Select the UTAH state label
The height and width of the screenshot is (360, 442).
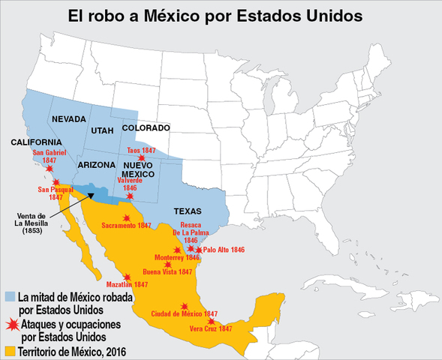coord(103,131)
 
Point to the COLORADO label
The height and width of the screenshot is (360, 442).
coord(146,127)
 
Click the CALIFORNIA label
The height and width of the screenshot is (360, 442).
coord(36,142)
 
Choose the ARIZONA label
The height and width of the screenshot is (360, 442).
coord(95,164)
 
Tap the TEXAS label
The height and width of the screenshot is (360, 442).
coord(188,211)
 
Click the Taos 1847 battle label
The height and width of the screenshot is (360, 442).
coord(140,150)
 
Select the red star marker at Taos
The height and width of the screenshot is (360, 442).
coord(141,157)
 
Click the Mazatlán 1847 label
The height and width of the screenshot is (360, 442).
coord(127,285)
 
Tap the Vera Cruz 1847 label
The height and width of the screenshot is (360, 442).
coord(210,328)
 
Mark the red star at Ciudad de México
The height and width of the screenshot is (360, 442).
coord(185,306)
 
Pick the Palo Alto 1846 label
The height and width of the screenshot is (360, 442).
coord(224,249)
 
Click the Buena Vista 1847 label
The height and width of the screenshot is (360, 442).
coord(167,271)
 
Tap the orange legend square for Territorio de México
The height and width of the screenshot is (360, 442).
coord(10,350)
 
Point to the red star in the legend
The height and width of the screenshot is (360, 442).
coord(11,323)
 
